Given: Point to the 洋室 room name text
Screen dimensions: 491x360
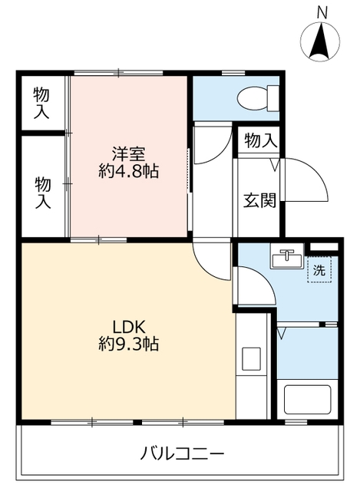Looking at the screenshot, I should tap(128, 153).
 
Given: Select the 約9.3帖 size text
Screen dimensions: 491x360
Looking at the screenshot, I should tap(128, 344).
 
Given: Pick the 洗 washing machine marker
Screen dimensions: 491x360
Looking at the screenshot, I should tap(318, 271).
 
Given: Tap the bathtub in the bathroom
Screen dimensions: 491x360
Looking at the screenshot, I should tap(307, 400).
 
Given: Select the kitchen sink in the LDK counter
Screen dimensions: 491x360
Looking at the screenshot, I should tap(251, 358).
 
